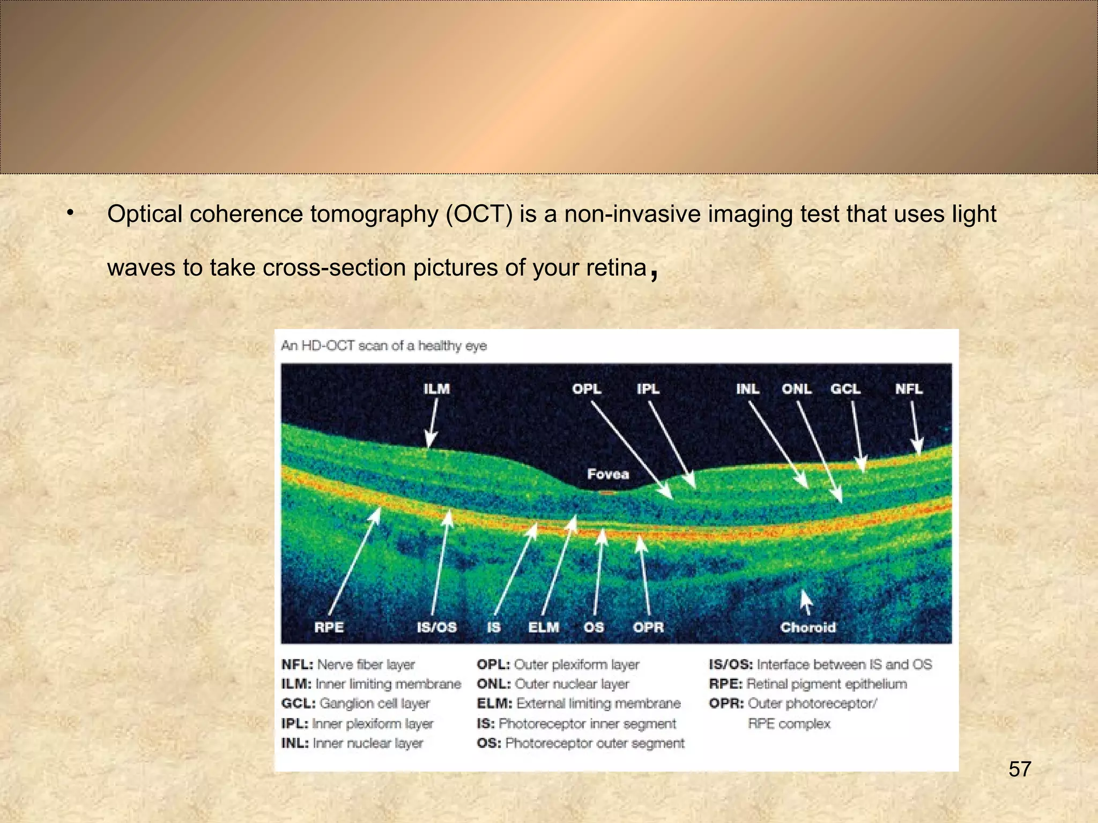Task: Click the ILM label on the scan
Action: point(436,389)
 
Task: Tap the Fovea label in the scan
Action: point(607,474)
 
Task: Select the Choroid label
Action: point(807,627)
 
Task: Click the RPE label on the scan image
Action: point(329,627)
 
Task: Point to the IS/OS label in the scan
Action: point(436,627)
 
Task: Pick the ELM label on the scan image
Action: point(543,627)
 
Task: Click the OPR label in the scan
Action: point(648,627)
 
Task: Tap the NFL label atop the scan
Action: point(908,389)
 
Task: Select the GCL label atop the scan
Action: point(845,389)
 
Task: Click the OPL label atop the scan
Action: point(587,389)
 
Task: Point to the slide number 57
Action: point(1020,769)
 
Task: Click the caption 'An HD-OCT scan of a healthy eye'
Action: point(384,346)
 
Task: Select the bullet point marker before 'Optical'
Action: point(70,213)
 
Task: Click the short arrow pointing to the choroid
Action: point(805,602)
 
